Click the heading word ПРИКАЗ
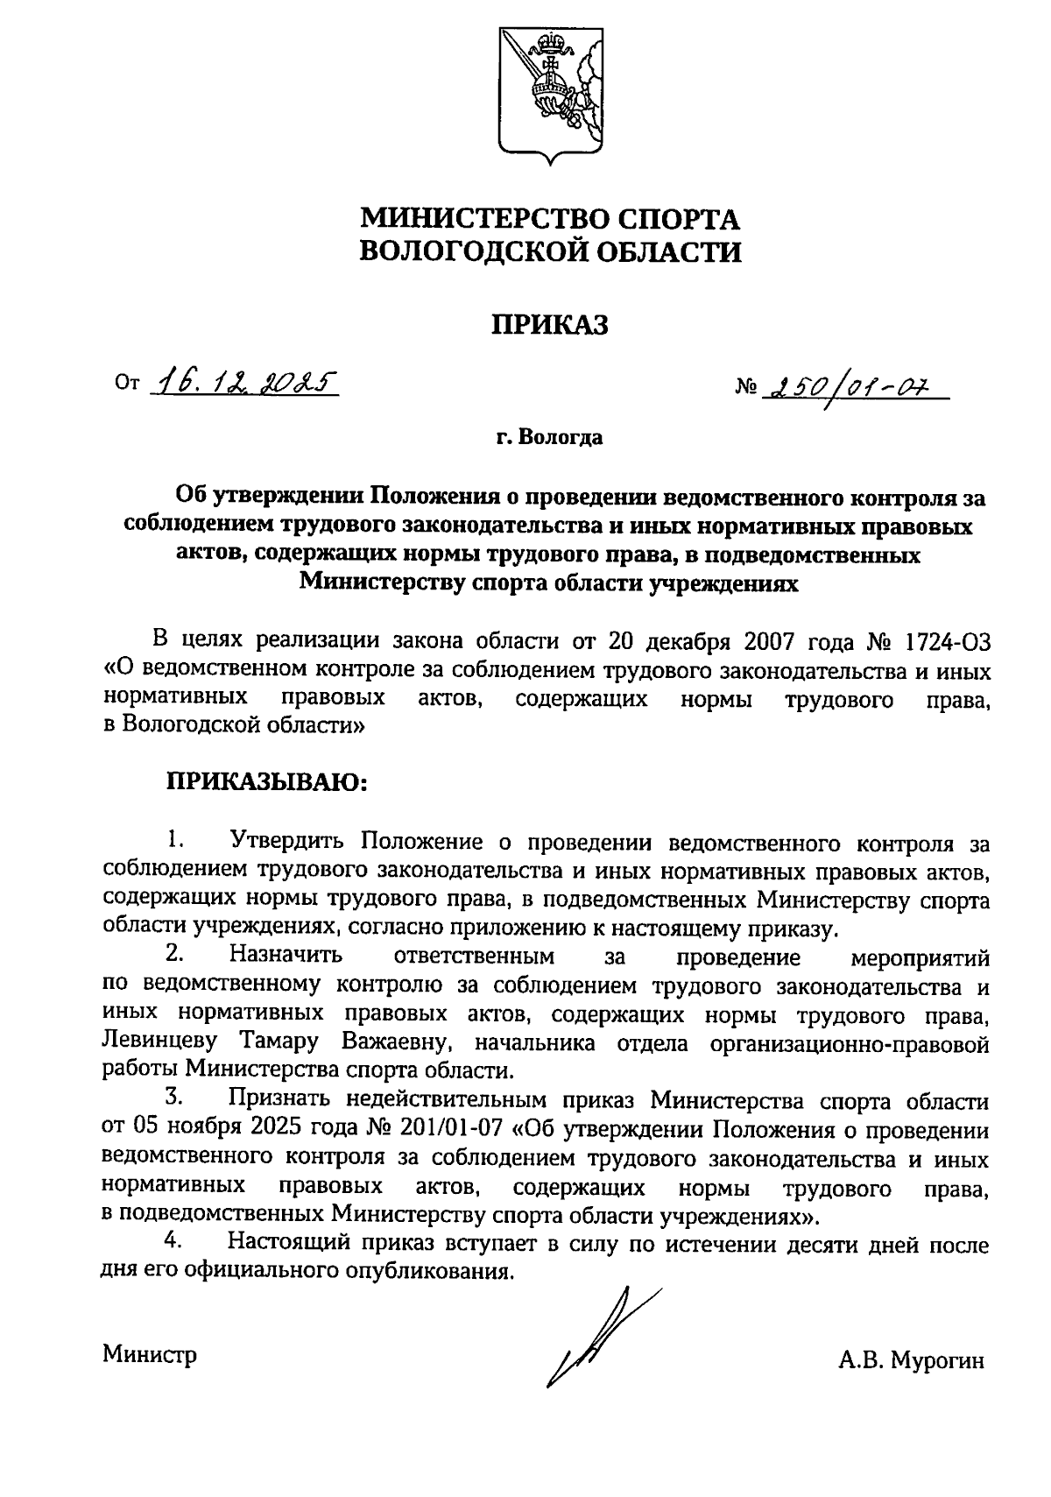click(x=549, y=326)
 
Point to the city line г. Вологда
click(x=549, y=437)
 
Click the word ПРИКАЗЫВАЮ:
click(x=267, y=781)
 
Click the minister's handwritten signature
click(x=596, y=1337)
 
